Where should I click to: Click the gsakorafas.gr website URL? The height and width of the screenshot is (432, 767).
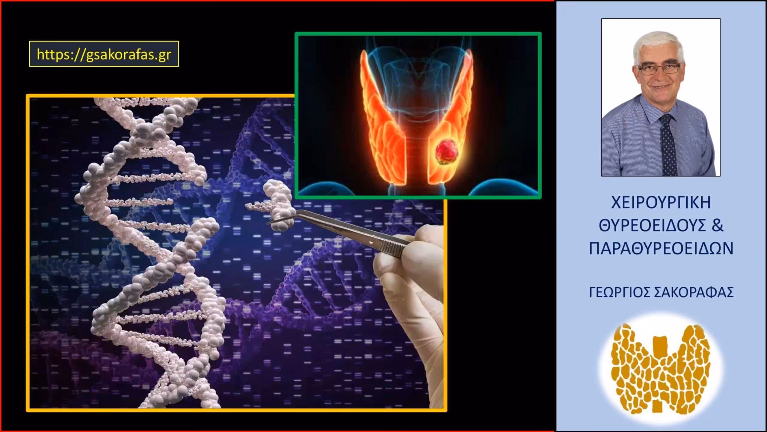[104, 54]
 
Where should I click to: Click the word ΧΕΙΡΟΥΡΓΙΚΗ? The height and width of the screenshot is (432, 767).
[661, 202]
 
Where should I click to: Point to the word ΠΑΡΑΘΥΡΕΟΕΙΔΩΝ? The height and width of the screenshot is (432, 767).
[661, 249]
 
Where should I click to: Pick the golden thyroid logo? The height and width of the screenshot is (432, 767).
[661, 367]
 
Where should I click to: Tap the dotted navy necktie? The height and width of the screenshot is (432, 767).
[667, 144]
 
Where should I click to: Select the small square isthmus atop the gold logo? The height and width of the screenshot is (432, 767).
[661, 343]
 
